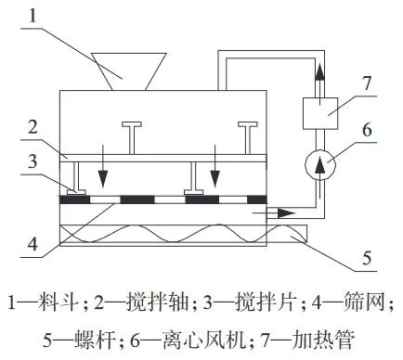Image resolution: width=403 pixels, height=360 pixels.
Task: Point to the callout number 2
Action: [x=33, y=125]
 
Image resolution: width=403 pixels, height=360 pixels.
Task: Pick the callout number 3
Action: [x=33, y=161]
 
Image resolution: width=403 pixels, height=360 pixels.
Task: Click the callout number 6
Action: [x=368, y=131]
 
